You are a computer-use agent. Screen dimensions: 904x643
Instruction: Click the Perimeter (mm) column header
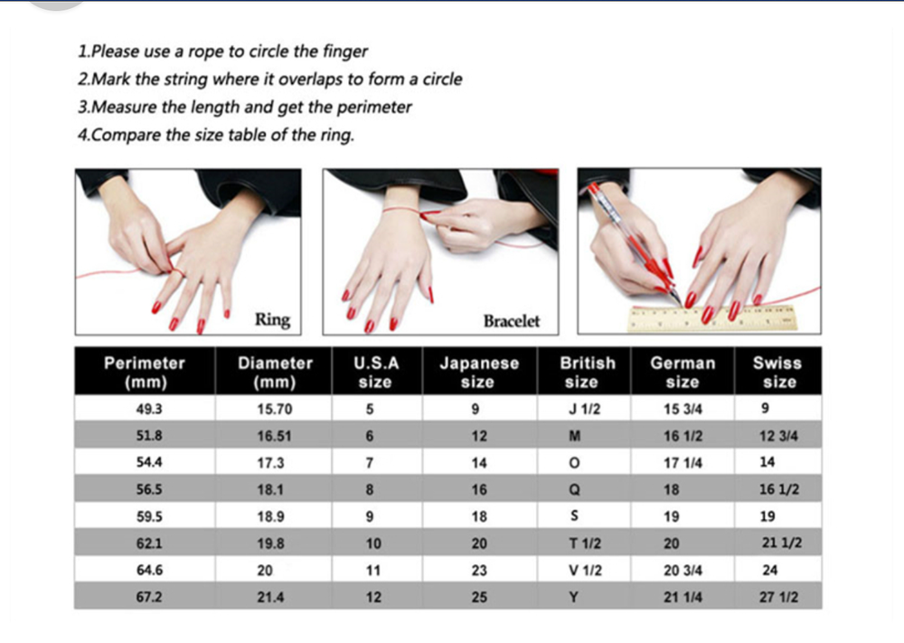tap(145, 372)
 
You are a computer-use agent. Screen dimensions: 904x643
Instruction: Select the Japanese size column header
tap(479, 372)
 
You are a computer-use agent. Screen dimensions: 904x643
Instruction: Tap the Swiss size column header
tap(777, 372)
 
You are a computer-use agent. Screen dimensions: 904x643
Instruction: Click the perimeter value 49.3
tap(149, 409)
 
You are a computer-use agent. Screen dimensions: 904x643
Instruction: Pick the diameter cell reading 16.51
tap(275, 436)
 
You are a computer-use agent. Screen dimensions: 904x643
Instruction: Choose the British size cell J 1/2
tap(585, 409)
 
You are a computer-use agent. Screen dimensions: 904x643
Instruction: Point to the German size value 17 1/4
tap(683, 463)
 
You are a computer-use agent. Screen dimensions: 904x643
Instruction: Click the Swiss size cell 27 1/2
tap(779, 597)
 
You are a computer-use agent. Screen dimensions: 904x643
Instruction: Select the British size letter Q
tap(574, 489)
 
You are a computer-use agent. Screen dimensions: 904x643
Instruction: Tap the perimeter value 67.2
tap(149, 597)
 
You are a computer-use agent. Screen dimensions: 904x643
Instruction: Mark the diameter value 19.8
tap(271, 544)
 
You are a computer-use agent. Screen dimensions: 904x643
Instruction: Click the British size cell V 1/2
tap(585, 571)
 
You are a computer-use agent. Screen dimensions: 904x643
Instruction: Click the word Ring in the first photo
tap(273, 319)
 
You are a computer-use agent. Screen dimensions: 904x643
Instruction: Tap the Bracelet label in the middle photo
tap(512, 321)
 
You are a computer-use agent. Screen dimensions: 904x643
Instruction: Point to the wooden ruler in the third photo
tap(712, 318)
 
